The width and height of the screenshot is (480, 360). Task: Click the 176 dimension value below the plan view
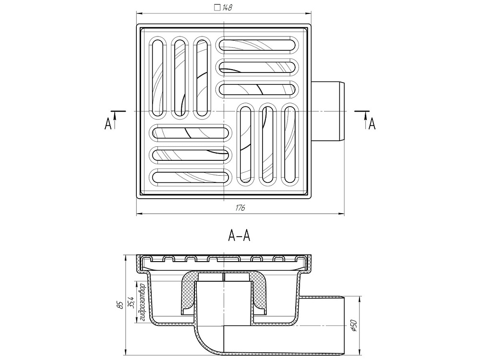[x=240, y=208]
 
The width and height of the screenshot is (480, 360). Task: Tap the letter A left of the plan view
[x=108, y=124]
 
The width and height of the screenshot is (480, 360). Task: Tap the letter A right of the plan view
[x=372, y=124]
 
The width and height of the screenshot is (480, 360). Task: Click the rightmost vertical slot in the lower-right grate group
[x=289, y=144]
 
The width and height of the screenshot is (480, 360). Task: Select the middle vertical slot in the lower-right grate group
[x=267, y=144]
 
